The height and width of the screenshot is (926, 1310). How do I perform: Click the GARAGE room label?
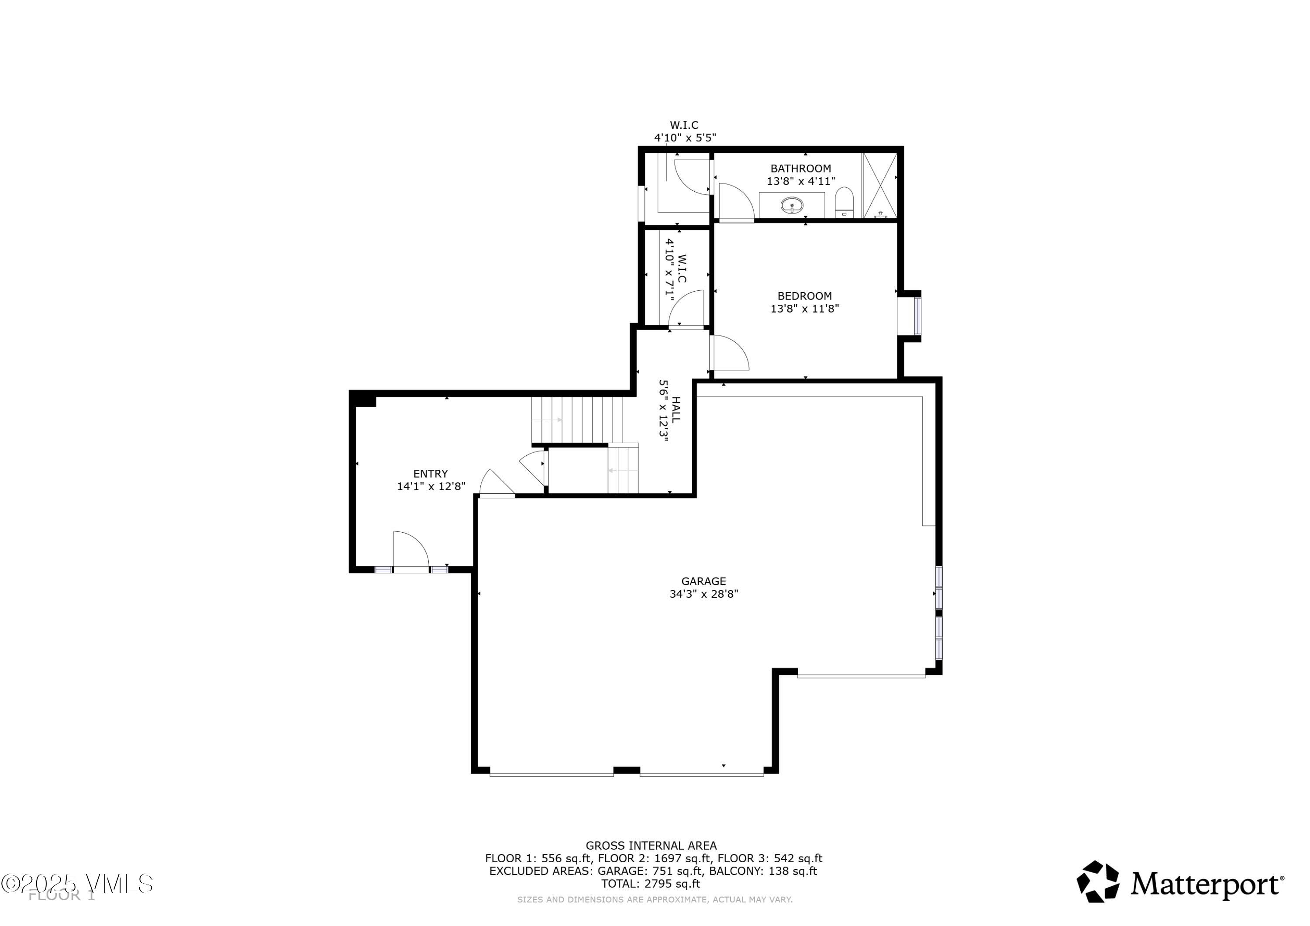pos(703,581)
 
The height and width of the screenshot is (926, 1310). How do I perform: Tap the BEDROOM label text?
pos(804,296)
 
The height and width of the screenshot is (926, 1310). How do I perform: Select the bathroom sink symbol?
pos(791,205)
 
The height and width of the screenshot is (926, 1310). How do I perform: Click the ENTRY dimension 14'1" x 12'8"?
pos(431,486)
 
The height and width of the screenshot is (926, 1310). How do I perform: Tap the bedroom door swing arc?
pos(730,354)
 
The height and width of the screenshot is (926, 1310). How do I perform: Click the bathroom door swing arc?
pos(735,201)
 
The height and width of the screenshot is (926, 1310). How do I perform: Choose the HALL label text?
pos(676,410)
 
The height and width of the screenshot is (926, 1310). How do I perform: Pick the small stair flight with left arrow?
pos(623,470)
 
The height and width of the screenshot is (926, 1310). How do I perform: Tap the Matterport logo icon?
pos(1098,881)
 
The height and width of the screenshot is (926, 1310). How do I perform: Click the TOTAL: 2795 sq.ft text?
pos(651,884)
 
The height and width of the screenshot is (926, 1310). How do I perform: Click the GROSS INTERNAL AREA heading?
pos(651,846)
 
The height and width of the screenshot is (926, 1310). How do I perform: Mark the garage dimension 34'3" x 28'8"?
pos(703,594)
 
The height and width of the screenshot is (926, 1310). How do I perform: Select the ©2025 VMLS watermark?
pos(77,884)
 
